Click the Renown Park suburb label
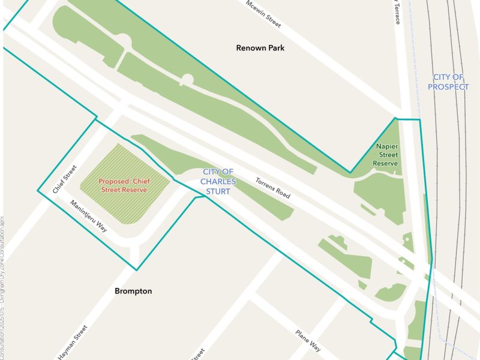(x=260, y=47)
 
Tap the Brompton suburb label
(x=133, y=291)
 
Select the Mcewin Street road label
(x=263, y=13)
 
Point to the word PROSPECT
(x=448, y=87)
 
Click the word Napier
(x=388, y=146)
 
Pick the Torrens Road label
(x=272, y=188)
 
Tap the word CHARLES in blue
(x=218, y=181)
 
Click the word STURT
(x=218, y=191)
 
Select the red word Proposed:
(x=115, y=181)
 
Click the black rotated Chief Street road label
(x=65, y=179)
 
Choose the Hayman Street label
(x=73, y=342)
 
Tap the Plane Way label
(x=308, y=340)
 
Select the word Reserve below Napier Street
(x=385, y=163)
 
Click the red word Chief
(x=141, y=181)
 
